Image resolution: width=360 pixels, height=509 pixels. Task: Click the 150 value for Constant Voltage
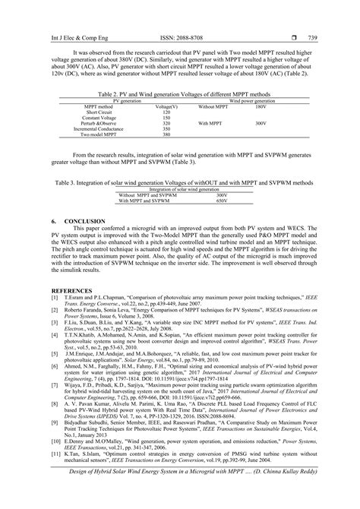point(166,118)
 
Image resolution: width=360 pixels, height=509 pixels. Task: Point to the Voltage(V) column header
point(166,106)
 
